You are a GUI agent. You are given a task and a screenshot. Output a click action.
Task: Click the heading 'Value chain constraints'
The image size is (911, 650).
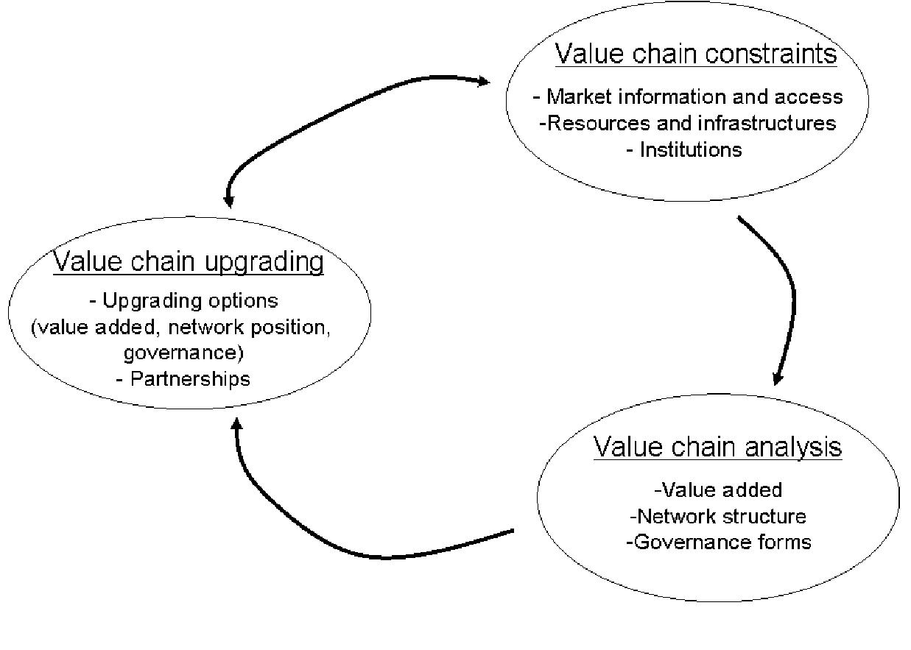click(695, 54)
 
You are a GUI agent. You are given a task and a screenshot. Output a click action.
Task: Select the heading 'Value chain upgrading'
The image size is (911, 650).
click(189, 262)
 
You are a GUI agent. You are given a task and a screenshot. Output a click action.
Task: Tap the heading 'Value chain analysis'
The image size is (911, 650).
click(717, 447)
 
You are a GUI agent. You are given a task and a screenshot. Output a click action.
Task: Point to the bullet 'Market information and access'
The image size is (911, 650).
click(688, 96)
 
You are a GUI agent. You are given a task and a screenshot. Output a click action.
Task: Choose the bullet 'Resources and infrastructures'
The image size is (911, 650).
click(688, 123)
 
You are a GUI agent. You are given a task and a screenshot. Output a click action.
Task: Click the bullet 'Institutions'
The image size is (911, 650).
click(684, 149)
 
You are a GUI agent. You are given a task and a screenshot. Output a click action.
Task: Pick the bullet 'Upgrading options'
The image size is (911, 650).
click(183, 300)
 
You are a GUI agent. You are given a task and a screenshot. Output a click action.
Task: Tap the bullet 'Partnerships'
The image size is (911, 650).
click(183, 378)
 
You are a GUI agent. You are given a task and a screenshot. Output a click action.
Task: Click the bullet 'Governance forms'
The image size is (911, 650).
click(718, 543)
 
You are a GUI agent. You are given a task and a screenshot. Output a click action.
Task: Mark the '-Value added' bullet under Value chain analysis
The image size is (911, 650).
click(718, 490)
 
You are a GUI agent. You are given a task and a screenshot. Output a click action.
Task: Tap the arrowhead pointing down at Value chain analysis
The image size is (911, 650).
click(778, 378)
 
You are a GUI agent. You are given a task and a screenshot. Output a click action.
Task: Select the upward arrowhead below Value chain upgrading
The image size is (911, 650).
click(236, 425)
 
